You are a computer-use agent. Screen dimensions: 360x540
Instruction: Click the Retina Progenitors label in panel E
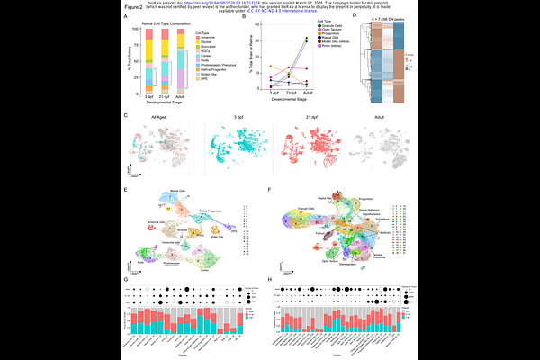coord(211,210)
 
